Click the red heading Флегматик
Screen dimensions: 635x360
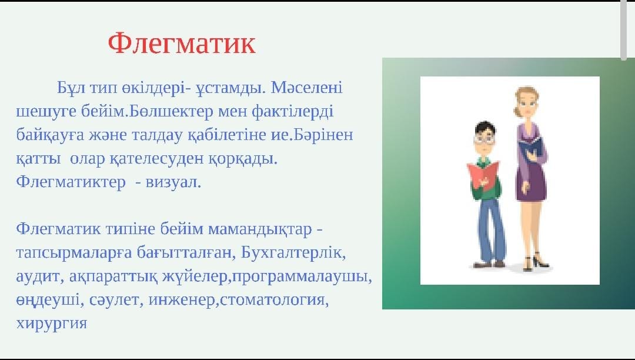(182, 44)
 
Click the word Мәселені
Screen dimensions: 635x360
(306, 87)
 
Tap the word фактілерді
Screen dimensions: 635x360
(292, 111)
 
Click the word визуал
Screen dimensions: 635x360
(173, 182)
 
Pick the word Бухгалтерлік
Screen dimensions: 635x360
(293, 252)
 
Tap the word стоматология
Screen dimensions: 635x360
(274, 299)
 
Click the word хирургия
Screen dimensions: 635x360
(51, 324)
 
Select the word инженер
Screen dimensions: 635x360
(181, 299)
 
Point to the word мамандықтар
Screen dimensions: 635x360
(260, 229)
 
